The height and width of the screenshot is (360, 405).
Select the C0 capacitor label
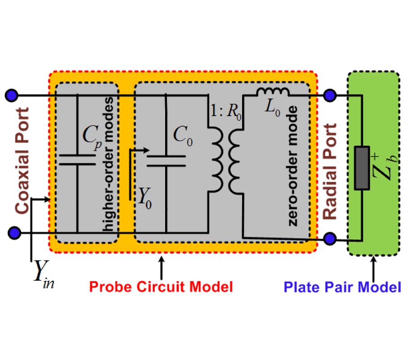pyautogui.click(x=183, y=135)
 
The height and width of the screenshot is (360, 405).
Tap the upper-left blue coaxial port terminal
pyautogui.click(x=11, y=95)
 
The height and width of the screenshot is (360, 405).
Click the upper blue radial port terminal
pyautogui.click(x=331, y=95)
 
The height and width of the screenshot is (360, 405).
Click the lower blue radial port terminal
pyautogui.click(x=331, y=238)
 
